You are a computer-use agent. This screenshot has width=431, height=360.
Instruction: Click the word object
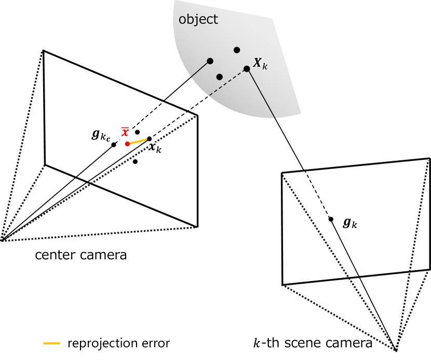coord(198,20)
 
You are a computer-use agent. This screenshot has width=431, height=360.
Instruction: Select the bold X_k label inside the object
coord(260,64)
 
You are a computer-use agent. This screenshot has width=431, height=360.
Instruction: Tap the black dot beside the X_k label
coord(247,69)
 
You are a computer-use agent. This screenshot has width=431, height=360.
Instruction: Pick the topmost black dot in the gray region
coord(237,50)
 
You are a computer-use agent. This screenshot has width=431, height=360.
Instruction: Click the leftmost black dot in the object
coord(210,61)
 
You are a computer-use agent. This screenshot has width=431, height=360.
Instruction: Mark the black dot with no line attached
coord(219,77)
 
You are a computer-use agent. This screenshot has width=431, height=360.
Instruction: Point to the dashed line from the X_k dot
coord(228,82)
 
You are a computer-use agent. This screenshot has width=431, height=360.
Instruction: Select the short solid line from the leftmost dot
coord(200,70)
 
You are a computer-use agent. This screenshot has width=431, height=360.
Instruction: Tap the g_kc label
coord(101,135)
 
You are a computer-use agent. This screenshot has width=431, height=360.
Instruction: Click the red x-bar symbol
coord(125,132)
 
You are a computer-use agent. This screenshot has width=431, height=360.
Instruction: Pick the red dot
coord(127,144)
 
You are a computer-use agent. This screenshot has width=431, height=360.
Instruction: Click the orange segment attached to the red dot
coord(138,141)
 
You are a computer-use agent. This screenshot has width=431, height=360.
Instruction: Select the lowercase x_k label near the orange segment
coord(155,148)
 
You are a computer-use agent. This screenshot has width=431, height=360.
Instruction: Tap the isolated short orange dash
coord(51,343)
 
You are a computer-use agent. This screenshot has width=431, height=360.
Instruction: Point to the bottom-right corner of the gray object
coord(301,113)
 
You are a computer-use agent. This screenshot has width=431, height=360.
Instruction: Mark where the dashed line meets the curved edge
coord(209,95)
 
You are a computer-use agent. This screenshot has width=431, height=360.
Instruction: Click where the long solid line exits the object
coord(275,118)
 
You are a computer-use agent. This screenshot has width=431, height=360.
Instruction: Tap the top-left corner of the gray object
coord(174,1)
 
